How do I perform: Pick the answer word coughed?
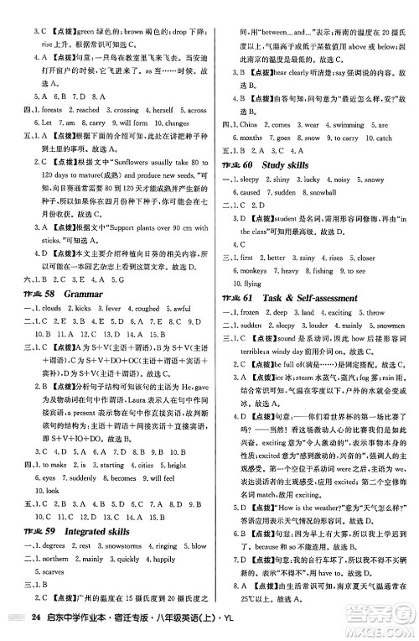143,310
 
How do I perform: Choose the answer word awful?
184,310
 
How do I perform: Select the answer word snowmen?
385,325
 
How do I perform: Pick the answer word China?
251,124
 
